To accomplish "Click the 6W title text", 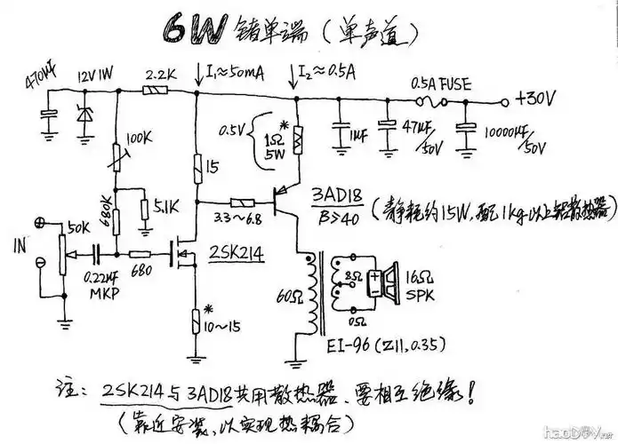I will click(x=194, y=28).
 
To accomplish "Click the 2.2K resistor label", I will click(x=158, y=73).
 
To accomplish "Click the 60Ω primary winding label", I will click(x=287, y=295).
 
